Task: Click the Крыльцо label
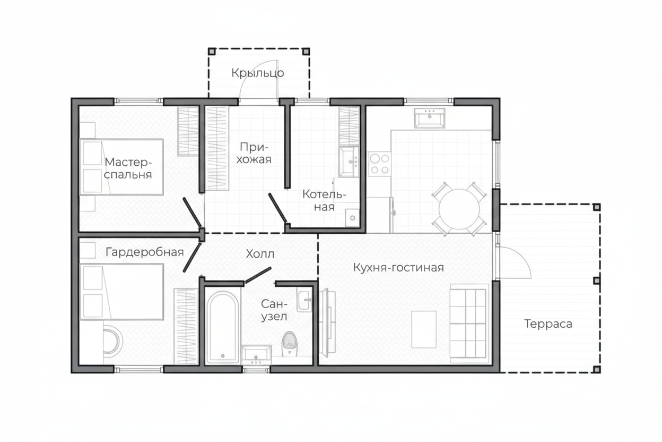(258, 73)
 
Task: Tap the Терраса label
(548, 324)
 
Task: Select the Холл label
(260, 254)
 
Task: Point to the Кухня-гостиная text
(398, 268)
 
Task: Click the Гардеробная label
(145, 252)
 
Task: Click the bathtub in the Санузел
(223, 327)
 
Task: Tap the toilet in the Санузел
(289, 343)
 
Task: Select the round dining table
(459, 209)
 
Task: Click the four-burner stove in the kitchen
(380, 164)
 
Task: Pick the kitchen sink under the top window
(430, 118)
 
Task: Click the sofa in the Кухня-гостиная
(469, 324)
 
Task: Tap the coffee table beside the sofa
(424, 329)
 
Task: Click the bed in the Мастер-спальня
(121, 167)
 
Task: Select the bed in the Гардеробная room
(121, 292)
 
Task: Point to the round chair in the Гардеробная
(112, 342)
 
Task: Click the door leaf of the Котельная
(277, 208)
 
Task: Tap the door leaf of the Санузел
(258, 275)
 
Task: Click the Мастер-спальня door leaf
(192, 212)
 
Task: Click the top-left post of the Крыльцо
(212, 52)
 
